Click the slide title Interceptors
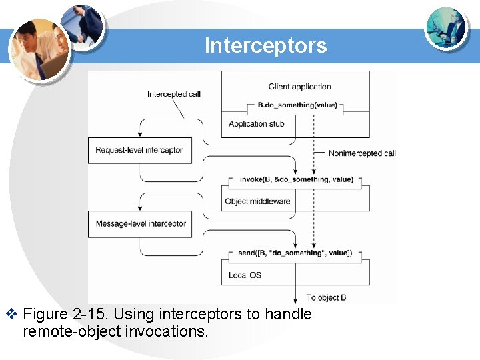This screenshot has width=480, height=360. pos(265,45)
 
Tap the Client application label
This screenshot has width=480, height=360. pos(299,87)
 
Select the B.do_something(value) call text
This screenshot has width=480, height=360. pos(297,105)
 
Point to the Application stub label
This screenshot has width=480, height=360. pos(256,123)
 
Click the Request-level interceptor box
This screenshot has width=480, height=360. pos(139,150)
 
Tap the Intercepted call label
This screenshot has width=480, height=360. pos(174,94)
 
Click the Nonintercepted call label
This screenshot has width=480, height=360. pos(362,153)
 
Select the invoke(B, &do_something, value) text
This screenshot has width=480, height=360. pos(295,179)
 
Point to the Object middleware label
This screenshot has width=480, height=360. pos(257,201)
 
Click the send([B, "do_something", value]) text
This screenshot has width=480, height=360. pos(295,253)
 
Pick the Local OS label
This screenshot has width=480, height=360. pos(245,275)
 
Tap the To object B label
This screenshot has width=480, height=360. pos(326,297)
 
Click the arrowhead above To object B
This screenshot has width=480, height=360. pos(295,299)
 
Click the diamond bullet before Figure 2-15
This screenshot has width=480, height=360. pos(10,314)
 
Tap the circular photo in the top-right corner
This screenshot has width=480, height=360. pos(446,28)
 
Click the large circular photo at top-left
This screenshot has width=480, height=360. pos(39,48)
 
